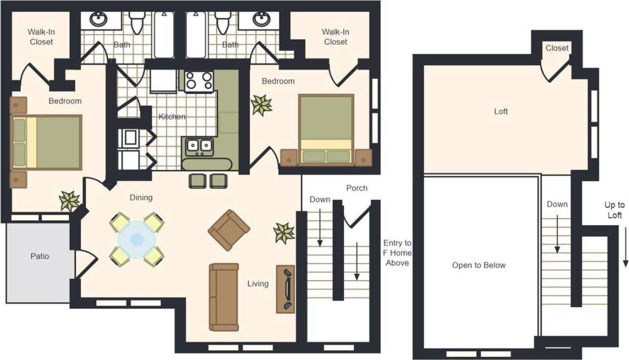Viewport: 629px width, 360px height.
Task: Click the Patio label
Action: tap(39, 256)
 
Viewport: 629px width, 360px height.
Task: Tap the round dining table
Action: tap(137, 239)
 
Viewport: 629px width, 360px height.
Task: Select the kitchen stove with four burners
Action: tap(199, 81)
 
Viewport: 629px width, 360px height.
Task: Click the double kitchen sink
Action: tap(199, 147)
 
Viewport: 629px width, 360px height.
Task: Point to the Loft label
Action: tap(501, 111)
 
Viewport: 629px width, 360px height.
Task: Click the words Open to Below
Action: tap(479, 265)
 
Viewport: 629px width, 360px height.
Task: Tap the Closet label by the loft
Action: tap(557, 48)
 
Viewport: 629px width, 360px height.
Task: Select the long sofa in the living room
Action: tap(224, 297)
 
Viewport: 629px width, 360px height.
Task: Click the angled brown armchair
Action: tap(229, 230)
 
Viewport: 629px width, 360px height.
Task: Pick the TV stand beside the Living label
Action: tap(285, 289)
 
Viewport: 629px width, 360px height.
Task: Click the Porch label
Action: tap(357, 188)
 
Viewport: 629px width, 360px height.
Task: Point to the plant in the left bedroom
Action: tap(69, 200)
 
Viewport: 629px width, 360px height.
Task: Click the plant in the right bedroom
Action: tap(261, 105)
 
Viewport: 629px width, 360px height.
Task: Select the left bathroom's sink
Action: tap(98, 20)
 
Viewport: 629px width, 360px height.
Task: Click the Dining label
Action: tap(141, 197)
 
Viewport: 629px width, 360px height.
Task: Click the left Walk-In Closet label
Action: tap(41, 37)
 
